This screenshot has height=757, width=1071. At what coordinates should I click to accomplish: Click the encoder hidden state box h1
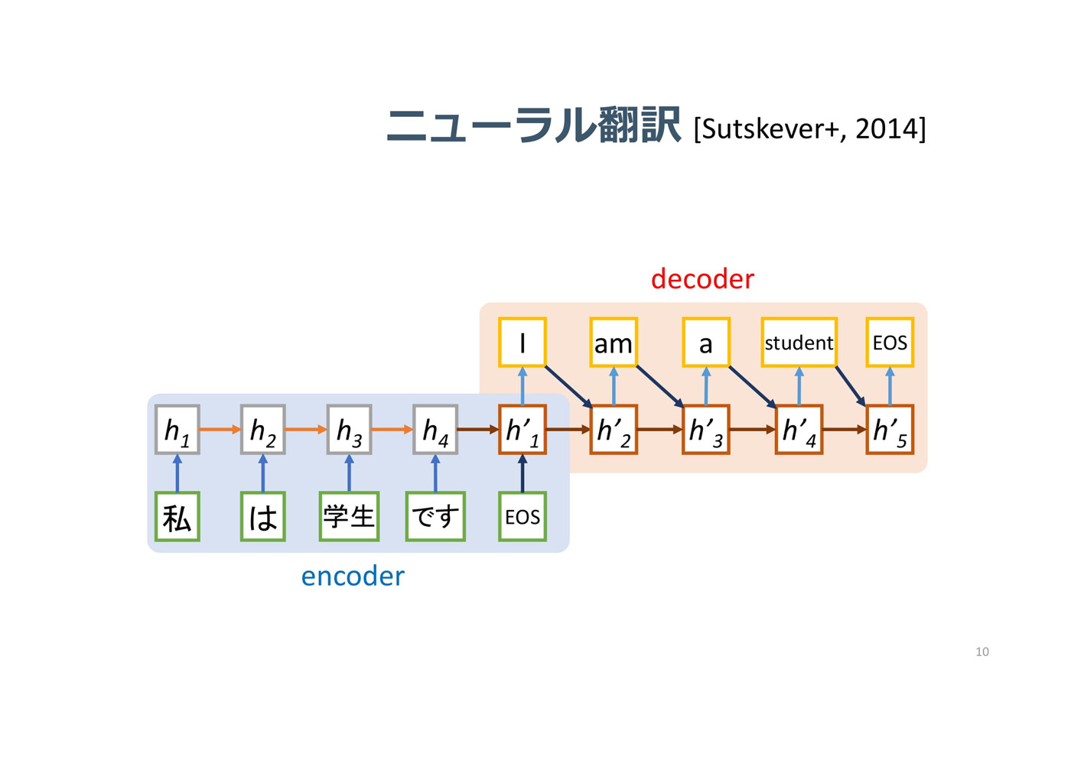177,430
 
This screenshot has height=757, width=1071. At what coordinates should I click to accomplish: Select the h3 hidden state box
349,430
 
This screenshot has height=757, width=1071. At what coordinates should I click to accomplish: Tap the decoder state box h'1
522,430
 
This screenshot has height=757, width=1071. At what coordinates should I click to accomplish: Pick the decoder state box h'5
890,430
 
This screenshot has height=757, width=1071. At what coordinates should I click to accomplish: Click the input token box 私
177,517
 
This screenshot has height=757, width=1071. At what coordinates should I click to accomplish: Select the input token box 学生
349,517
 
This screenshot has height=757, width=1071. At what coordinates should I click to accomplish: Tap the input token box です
435,517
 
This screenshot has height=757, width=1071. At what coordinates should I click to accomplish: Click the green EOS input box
522,517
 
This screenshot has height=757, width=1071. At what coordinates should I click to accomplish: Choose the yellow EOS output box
890,343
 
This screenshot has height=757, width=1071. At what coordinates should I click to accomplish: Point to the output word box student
799,343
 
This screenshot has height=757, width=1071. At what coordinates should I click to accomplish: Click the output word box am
614,343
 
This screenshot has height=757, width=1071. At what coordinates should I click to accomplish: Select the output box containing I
522,343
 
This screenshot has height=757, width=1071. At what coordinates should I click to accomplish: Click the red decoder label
702,278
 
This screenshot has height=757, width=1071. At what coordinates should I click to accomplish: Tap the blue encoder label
353,576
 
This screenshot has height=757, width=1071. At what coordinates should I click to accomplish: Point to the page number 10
982,651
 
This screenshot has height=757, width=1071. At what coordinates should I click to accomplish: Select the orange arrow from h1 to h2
220,429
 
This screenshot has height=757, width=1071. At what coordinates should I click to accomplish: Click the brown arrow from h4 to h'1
478,429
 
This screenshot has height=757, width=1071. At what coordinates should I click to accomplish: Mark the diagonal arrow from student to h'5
851,387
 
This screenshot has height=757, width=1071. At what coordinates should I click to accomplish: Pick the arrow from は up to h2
263,473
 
